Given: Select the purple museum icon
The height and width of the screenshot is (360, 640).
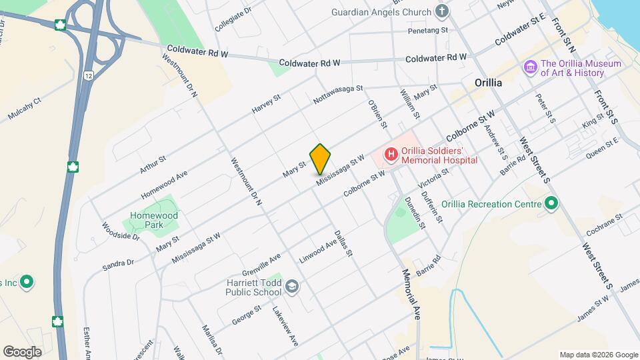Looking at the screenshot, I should pos(531,67).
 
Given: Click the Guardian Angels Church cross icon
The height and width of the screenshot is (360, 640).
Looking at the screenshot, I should pos(441,11).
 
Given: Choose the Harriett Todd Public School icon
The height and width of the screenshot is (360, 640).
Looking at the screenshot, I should pos(291,287).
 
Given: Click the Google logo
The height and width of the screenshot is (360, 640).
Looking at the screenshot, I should pos(23,351).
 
